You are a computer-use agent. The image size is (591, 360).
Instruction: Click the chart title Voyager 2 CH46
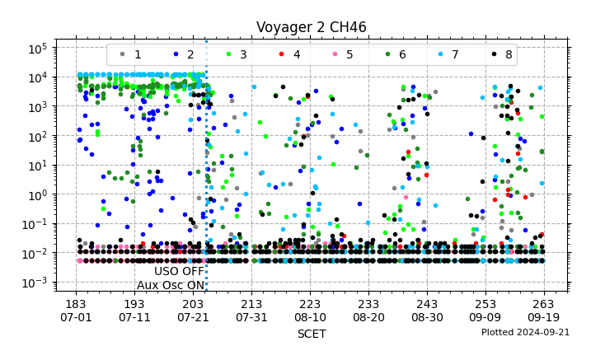pos(312,27)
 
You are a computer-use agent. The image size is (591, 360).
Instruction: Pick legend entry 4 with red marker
pos(289,54)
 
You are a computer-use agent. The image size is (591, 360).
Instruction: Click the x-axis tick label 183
pos(76,303)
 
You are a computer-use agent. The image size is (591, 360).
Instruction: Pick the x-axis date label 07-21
pos(193,317)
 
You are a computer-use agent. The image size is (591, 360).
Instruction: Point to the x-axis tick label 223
pos(310,303)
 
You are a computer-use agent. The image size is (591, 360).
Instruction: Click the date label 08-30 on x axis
pos(427,317)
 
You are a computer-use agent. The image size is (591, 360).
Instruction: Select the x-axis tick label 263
pos(544,303)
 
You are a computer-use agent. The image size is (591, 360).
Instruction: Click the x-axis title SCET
pos(312,334)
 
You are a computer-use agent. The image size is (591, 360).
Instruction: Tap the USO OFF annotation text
pos(179,271)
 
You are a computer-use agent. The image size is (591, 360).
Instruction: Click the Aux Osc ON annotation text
pos(171,285)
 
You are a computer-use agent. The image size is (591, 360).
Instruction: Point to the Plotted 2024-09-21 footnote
pos(525,332)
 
